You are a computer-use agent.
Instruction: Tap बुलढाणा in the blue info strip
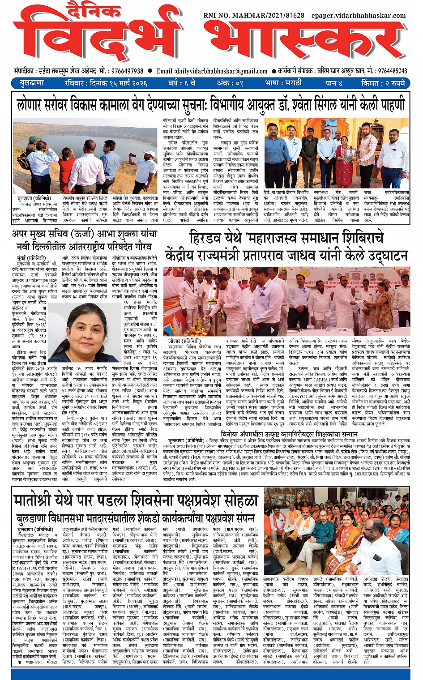32,83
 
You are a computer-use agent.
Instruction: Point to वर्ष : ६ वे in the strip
182,83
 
